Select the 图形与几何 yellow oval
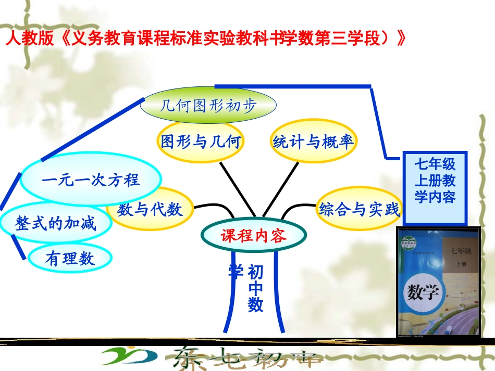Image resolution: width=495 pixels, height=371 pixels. click(x=201, y=142)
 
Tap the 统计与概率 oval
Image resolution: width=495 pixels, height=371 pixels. click(x=313, y=142)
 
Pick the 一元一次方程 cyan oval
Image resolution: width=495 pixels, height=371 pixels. click(x=91, y=180)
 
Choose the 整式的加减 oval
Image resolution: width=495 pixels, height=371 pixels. click(x=56, y=224)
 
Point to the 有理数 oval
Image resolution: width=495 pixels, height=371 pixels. click(x=70, y=258)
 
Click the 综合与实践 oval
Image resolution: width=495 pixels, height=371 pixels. click(x=360, y=210)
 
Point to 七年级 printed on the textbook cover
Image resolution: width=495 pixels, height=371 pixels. click(x=461, y=252)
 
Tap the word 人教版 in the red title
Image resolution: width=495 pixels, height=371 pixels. click(x=29, y=40)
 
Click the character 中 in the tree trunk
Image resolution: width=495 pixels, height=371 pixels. click(x=255, y=288)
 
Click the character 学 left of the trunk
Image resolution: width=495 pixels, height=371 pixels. click(x=236, y=271)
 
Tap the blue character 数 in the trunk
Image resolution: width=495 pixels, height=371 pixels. click(x=255, y=304)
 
